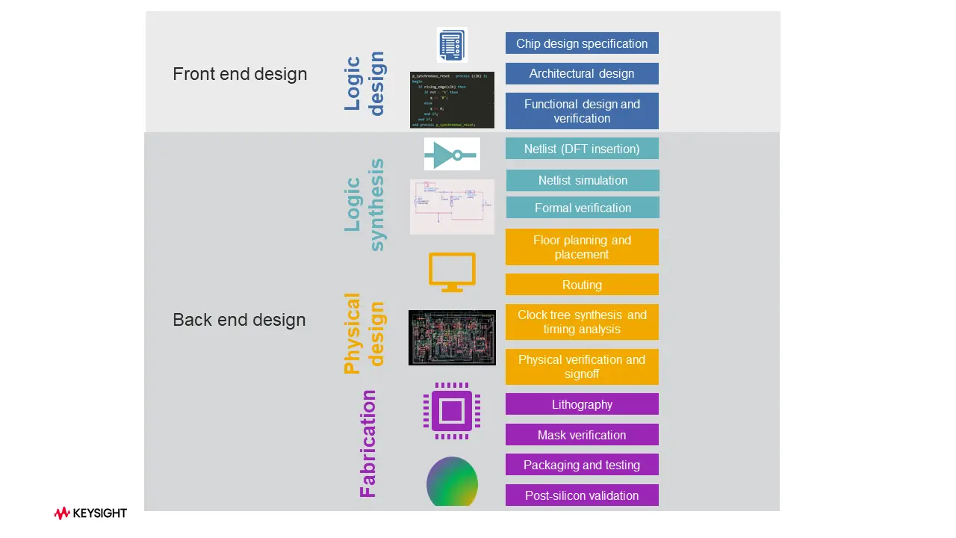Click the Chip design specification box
tap(582, 43)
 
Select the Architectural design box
tap(582, 73)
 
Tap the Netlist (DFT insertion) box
tap(582, 149)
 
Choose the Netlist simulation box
tap(583, 180)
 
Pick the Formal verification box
tap(583, 208)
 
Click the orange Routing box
tap(582, 285)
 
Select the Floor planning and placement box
tap(582, 247)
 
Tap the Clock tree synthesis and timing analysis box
tap(582, 322)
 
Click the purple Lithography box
tap(582, 404)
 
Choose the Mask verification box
tap(582, 435)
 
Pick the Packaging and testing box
tap(582, 465)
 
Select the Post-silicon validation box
tap(582, 495)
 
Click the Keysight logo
tap(90, 513)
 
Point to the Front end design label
tap(240, 74)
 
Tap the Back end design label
tap(239, 320)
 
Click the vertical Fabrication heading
tap(368, 444)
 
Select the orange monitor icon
tap(452, 272)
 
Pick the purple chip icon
tap(451, 411)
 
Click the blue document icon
tap(451, 45)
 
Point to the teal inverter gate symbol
tap(451, 155)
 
